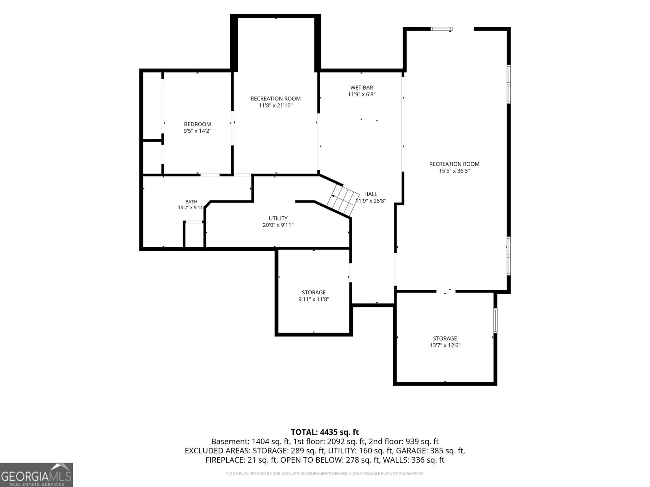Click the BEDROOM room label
click(197, 124)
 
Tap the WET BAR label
click(362, 88)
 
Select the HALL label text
click(370, 194)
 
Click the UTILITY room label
click(278, 218)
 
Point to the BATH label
click(191, 202)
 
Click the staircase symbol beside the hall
click(342, 200)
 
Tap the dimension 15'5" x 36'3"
click(454, 171)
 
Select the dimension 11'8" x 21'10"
click(276, 106)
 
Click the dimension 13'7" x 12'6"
click(445, 345)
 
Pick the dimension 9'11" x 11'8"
click(314, 299)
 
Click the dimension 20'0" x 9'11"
click(278, 225)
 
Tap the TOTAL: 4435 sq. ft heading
click(325, 432)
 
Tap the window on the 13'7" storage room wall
click(495, 321)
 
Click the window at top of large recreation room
click(441, 29)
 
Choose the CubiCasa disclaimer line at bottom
click(325, 474)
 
